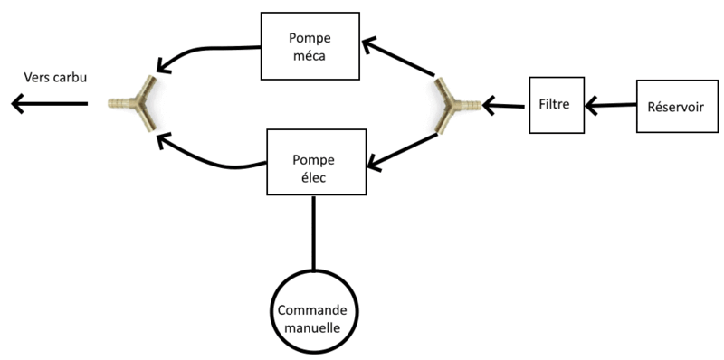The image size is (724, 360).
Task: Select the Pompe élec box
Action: [316, 161]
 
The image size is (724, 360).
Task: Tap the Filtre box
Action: [554, 106]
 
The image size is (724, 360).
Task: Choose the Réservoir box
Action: [675, 107]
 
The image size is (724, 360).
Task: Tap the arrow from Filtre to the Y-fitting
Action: [505, 107]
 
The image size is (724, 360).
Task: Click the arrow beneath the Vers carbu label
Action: [50, 105]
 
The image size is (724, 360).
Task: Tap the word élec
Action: [315, 178]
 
